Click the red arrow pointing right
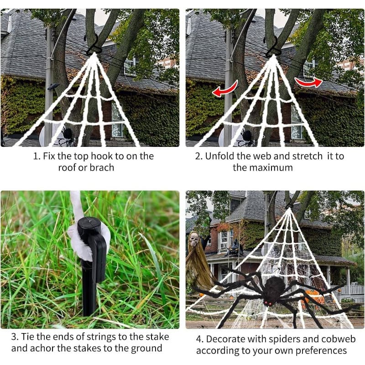click(309, 82)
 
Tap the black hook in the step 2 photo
click(273, 47)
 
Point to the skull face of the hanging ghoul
click(193, 239)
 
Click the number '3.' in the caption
click(15, 337)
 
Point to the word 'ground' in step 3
click(146, 349)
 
